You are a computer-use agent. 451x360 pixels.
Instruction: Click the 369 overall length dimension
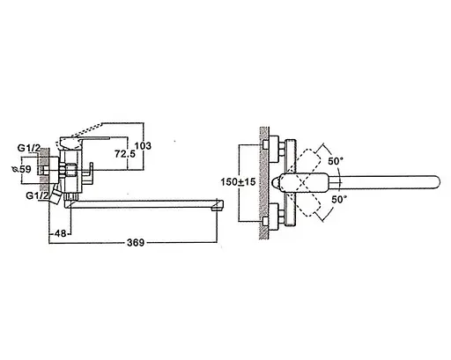point(136,243)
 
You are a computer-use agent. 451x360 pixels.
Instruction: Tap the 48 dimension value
point(60,233)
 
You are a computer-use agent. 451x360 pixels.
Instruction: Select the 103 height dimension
point(143,146)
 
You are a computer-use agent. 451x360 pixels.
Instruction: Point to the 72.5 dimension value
point(125,153)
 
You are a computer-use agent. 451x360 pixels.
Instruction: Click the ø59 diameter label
point(21,169)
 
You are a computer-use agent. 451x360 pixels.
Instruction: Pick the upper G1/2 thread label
point(29,148)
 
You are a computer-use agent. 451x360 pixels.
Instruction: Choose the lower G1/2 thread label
point(37,195)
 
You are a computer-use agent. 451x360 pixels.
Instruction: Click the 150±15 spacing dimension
point(238,182)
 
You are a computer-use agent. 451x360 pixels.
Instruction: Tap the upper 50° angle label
point(336,161)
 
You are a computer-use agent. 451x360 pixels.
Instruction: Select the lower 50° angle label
point(339,200)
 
